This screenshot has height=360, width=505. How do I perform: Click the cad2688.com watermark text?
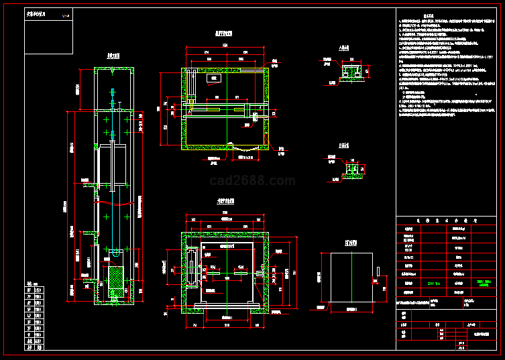point(252,180)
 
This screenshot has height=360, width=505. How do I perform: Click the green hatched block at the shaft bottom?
point(117,282)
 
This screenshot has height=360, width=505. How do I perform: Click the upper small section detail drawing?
point(351,72)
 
